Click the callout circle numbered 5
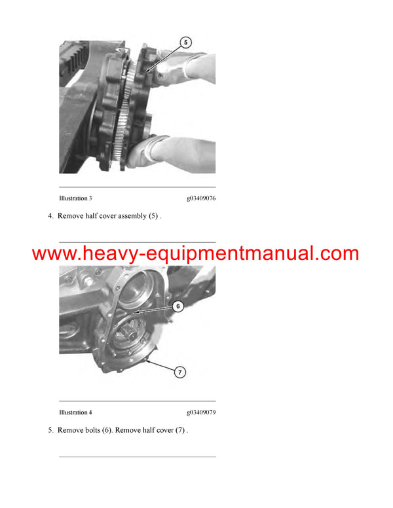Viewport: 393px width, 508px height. (x=185, y=43)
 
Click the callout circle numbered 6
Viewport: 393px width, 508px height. (x=179, y=306)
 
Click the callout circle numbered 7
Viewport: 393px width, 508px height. (x=180, y=372)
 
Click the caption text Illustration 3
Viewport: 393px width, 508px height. (x=75, y=198)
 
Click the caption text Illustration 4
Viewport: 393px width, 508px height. (x=75, y=412)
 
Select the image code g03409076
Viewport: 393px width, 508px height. (x=201, y=198)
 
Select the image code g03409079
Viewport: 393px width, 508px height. (x=201, y=412)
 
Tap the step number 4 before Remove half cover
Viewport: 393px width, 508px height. (x=50, y=216)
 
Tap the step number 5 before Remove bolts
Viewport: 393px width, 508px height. (x=50, y=430)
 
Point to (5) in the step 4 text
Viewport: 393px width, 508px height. (x=154, y=216)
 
